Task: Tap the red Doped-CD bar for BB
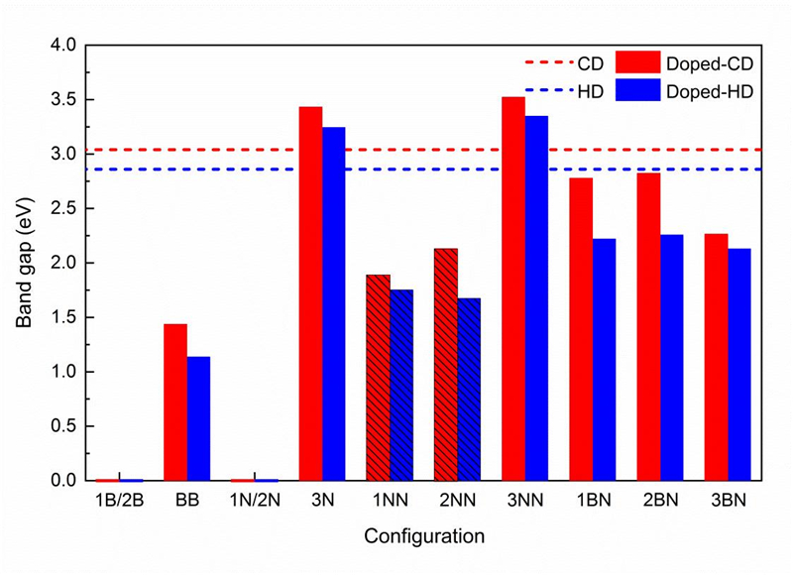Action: (x=175, y=402)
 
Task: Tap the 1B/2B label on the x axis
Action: (x=119, y=502)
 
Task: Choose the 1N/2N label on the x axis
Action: (x=255, y=502)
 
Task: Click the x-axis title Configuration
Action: (x=424, y=536)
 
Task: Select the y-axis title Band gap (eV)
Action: (x=26, y=263)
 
